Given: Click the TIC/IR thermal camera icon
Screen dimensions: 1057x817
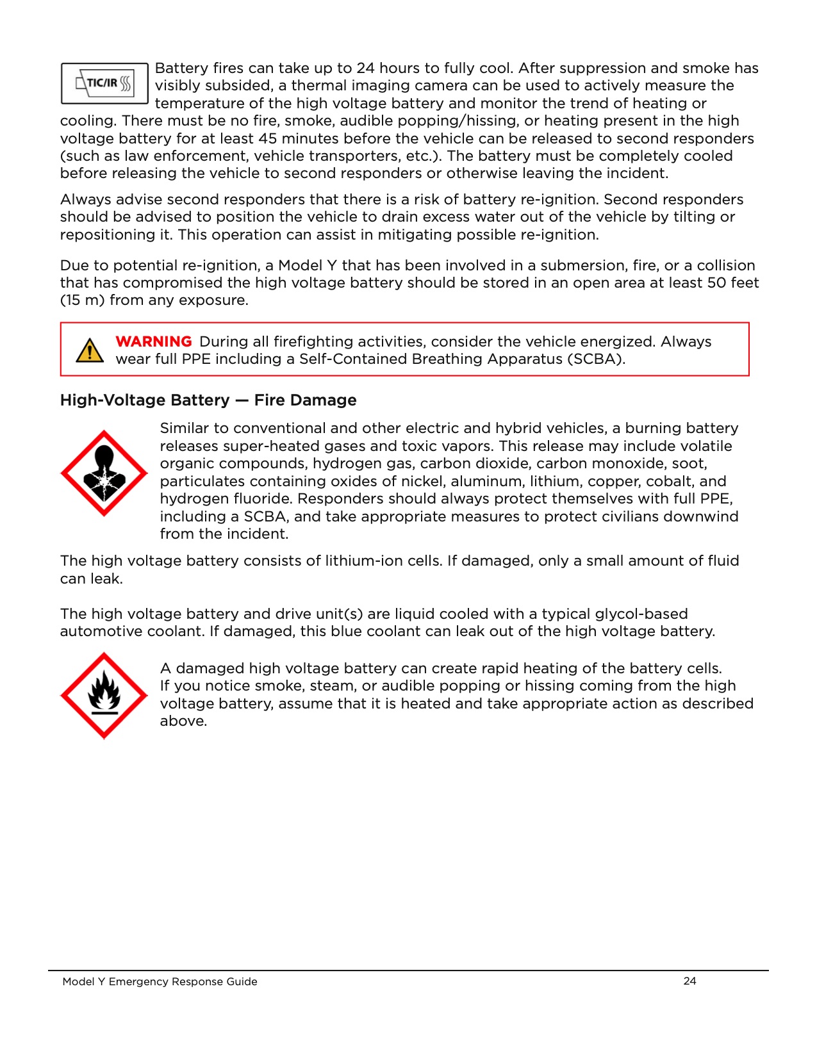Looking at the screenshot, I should point(104,83).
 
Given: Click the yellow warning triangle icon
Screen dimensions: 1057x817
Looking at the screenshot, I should point(90,350).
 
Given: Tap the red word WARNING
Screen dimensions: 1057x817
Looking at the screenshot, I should point(153,341).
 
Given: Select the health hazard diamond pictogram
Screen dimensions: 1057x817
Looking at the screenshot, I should point(104,473).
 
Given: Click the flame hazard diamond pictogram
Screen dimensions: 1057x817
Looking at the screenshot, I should point(104,695).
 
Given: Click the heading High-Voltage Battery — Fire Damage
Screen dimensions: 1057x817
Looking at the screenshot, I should point(208,400).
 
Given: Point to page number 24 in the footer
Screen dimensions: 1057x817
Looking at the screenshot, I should point(689,981).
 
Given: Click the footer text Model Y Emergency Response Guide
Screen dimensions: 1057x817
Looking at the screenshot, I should point(160,981).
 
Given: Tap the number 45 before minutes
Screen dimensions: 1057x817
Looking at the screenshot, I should point(268,138).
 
